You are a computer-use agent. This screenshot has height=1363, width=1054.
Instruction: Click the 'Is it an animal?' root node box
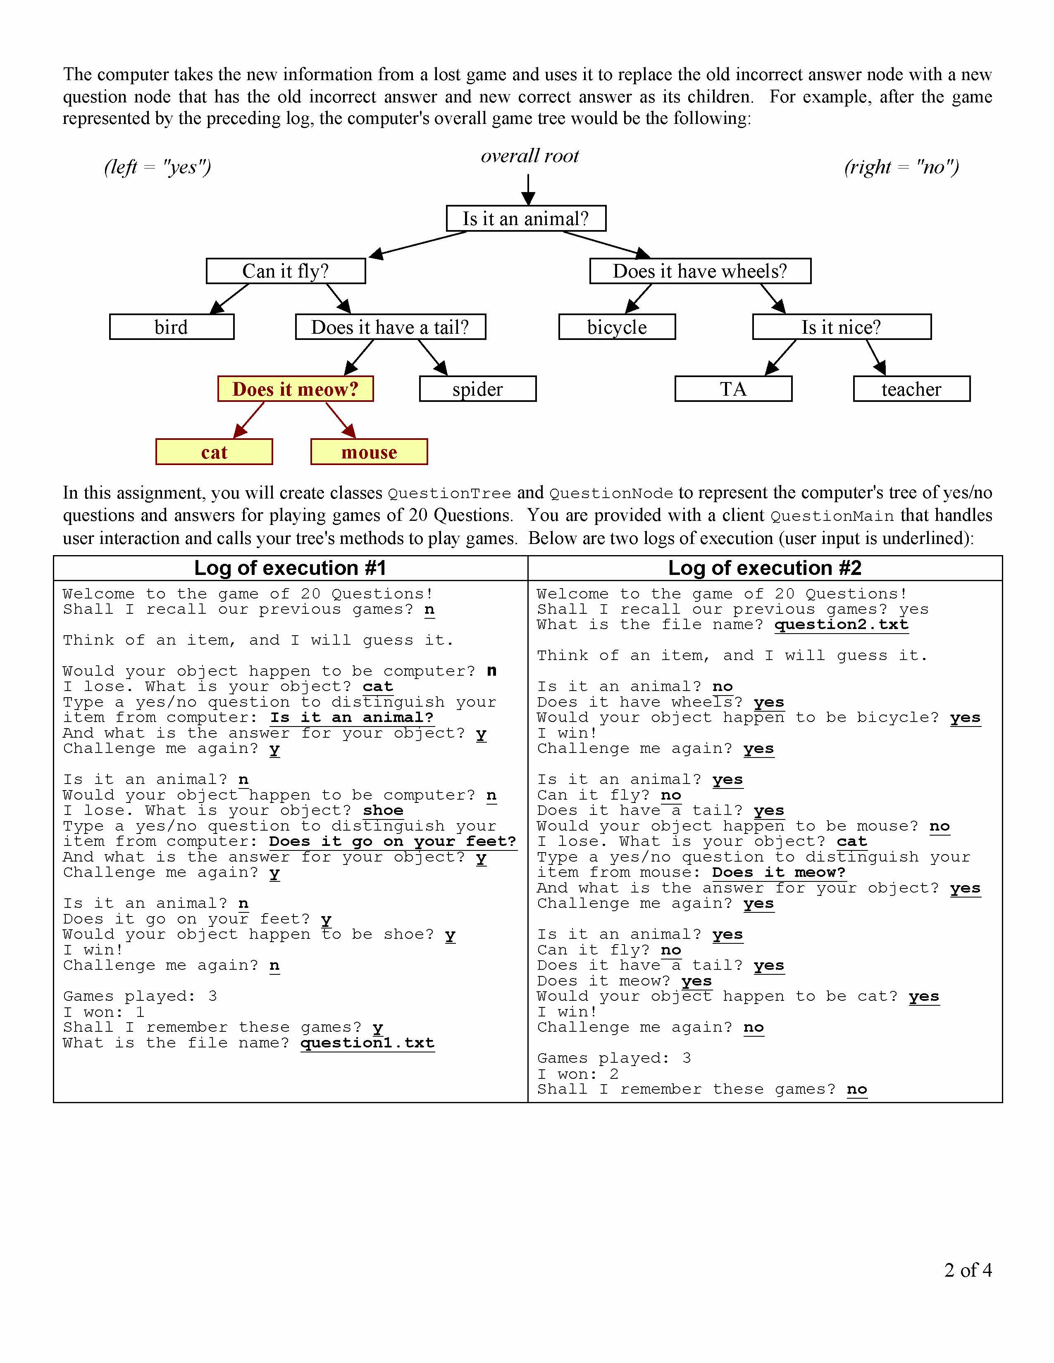point(526,218)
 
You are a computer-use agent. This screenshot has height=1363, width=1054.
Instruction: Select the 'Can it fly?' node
point(285,271)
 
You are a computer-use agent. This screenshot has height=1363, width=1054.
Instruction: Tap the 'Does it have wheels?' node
point(700,271)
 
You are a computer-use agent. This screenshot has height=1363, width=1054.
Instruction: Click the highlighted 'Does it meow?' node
point(296,389)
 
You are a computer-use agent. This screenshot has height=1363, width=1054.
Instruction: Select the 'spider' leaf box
point(478,389)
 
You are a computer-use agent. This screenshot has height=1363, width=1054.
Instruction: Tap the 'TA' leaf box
point(733,389)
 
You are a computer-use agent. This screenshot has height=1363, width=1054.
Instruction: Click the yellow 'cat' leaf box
point(214,452)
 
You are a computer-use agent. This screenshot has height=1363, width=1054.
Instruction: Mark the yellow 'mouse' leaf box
point(369,452)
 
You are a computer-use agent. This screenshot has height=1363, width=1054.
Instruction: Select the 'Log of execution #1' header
point(290,568)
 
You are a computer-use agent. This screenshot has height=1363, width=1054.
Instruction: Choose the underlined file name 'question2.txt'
point(841,625)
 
